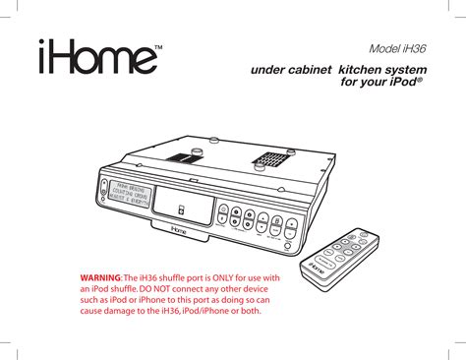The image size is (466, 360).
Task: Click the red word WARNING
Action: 102,279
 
